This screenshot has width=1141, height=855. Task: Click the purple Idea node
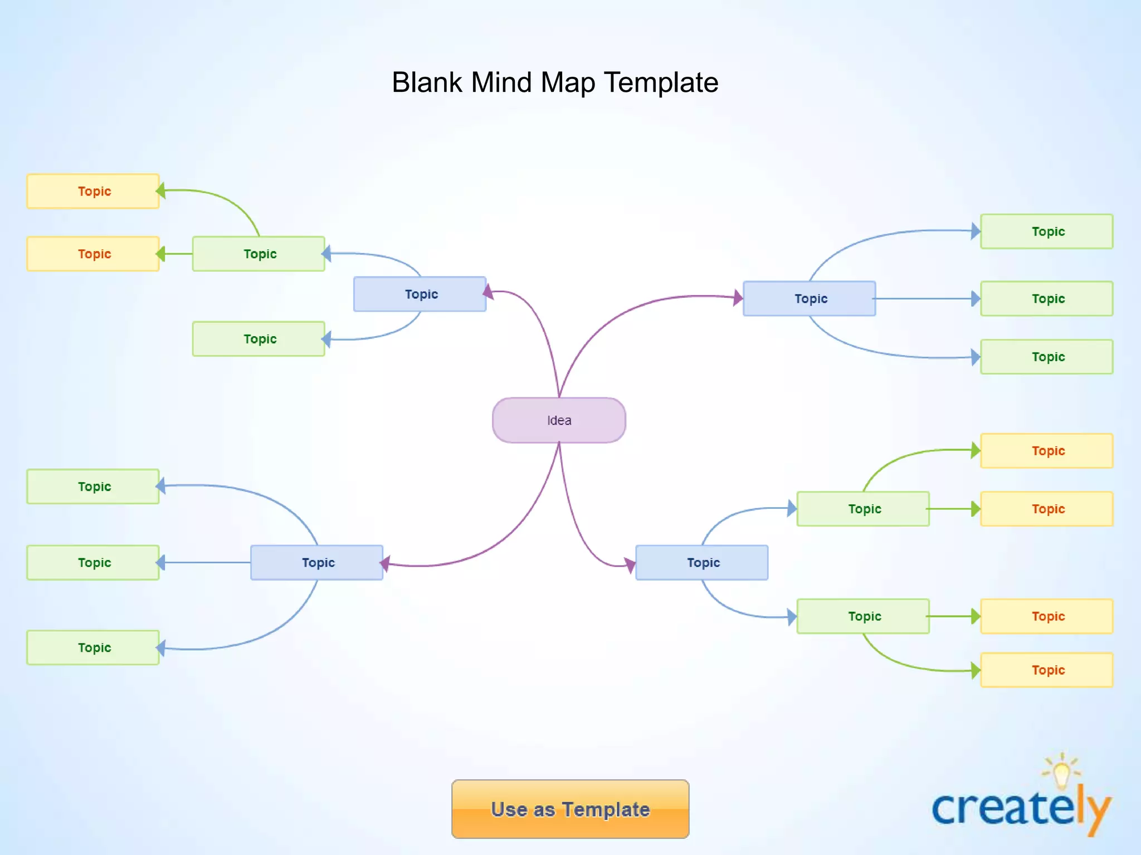point(559,420)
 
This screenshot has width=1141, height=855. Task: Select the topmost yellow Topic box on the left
point(93,191)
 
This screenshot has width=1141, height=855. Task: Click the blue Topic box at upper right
point(809,299)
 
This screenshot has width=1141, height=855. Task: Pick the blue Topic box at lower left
point(316,563)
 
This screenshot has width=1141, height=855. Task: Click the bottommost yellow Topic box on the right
point(1046,670)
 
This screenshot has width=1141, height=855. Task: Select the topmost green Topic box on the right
point(1046,232)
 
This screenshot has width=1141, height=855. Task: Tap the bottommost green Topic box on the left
point(93,648)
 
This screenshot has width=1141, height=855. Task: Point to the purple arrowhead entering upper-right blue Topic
point(738,298)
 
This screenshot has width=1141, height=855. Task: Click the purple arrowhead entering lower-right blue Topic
point(630,565)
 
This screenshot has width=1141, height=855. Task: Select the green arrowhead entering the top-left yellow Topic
point(161,191)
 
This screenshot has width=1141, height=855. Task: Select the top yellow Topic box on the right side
point(1046,451)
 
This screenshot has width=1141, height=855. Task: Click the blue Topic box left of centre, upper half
point(420,294)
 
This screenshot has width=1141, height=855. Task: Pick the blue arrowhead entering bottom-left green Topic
point(161,648)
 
